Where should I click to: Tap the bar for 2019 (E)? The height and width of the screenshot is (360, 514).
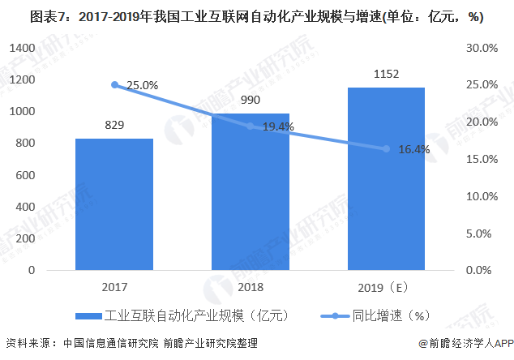point(387,178)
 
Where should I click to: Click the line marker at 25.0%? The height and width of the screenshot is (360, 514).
point(114,84)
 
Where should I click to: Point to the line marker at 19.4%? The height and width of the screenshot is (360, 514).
point(251,126)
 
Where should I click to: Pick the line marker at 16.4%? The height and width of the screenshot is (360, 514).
point(387,148)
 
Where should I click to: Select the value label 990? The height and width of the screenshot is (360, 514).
point(251,101)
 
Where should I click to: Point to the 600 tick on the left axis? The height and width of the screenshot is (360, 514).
point(24,175)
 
